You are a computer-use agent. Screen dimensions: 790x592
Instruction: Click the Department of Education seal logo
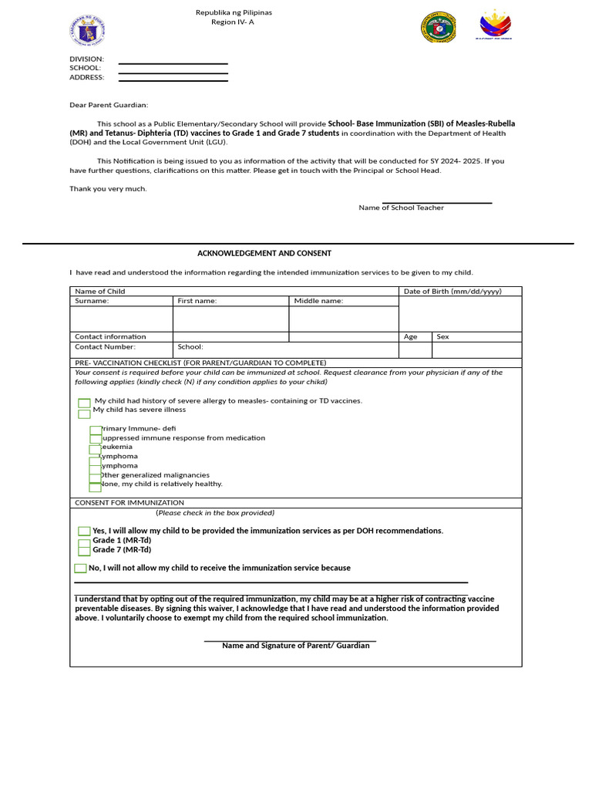click(87, 30)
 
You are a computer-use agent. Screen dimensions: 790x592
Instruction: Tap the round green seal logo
click(439, 27)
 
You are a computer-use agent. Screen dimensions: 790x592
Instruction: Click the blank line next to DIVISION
click(173, 63)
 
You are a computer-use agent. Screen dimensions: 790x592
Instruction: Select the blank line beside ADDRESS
click(173, 79)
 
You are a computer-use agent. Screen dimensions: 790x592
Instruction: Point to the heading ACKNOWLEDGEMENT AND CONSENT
click(264, 253)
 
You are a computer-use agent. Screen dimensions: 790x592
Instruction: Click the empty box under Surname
click(121, 319)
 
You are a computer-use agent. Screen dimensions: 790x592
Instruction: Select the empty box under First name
click(230, 319)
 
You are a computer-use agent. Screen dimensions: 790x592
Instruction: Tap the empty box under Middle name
click(343, 319)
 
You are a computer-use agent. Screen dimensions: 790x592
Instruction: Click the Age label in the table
click(411, 336)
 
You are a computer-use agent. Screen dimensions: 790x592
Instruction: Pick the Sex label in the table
click(442, 336)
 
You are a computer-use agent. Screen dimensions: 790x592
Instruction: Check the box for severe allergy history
click(84, 403)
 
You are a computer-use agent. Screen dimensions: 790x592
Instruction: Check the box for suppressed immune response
click(96, 439)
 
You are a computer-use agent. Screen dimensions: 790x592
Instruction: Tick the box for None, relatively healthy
click(95, 487)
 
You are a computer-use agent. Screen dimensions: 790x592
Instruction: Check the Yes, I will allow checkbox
click(84, 532)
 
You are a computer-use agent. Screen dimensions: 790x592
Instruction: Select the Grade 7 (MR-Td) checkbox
click(84, 552)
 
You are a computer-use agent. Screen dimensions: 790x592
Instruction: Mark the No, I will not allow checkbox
click(80, 569)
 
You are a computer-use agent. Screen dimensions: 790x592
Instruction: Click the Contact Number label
click(105, 347)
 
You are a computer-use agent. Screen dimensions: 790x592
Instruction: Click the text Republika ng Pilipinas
click(234, 12)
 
